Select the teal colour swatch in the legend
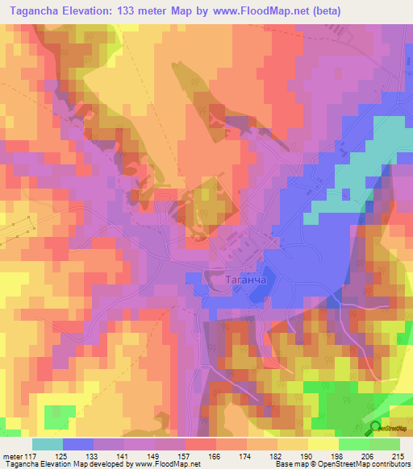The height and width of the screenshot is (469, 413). (x=47, y=444)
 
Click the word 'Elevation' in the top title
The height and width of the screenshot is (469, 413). (x=87, y=10)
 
